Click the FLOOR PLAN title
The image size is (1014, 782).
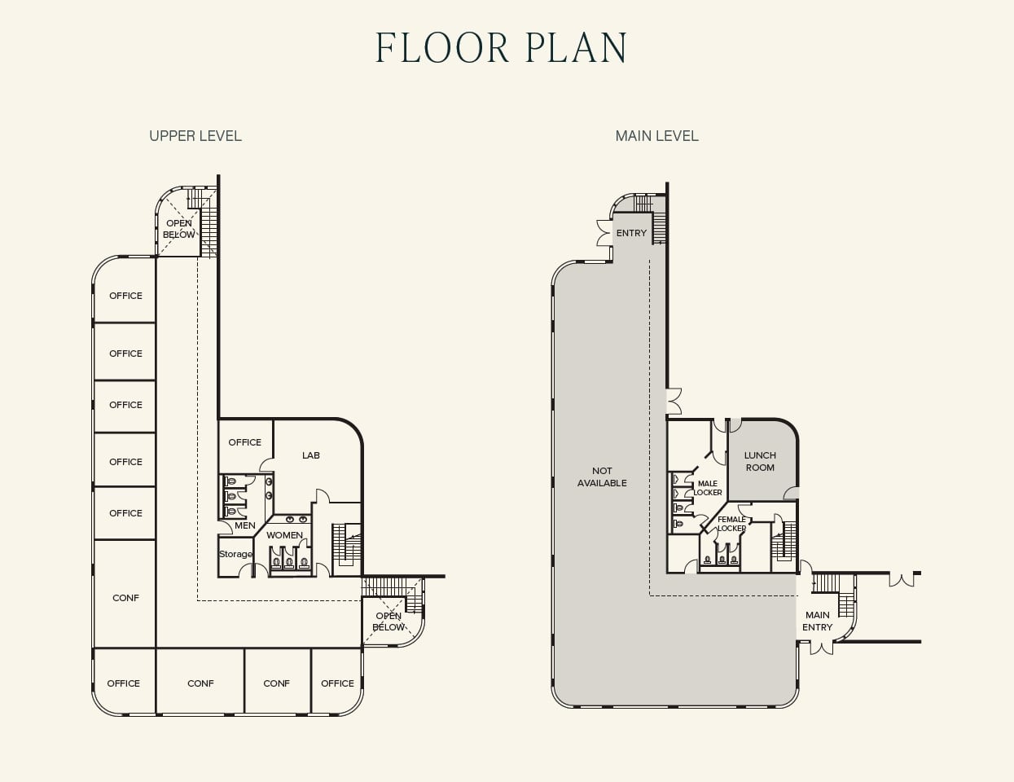pyautogui.click(x=501, y=48)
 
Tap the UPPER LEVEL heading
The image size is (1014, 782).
pyautogui.click(x=195, y=136)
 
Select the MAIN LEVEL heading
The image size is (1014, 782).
pyautogui.click(x=656, y=136)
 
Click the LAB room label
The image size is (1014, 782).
pyautogui.click(x=311, y=455)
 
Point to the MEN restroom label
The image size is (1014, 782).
pyautogui.click(x=245, y=525)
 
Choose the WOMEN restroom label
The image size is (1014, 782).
pyautogui.click(x=284, y=535)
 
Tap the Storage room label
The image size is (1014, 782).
pyautogui.click(x=235, y=554)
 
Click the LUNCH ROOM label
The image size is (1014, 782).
pyautogui.click(x=760, y=461)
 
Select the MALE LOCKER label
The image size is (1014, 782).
pyautogui.click(x=707, y=488)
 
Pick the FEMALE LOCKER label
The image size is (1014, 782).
pyautogui.click(x=731, y=524)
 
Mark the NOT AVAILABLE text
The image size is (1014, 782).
pyautogui.click(x=602, y=477)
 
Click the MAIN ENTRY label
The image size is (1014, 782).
pyautogui.click(x=817, y=621)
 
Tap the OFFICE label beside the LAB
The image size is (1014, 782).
pyautogui.click(x=245, y=442)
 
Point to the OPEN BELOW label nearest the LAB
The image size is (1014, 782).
pyautogui.click(x=388, y=622)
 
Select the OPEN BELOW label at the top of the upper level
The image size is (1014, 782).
pyautogui.click(x=179, y=229)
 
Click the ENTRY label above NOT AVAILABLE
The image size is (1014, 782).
pyautogui.click(x=631, y=233)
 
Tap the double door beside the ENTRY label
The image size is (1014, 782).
pyautogui.click(x=603, y=232)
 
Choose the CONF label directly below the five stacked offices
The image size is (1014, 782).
pyautogui.click(x=125, y=598)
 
